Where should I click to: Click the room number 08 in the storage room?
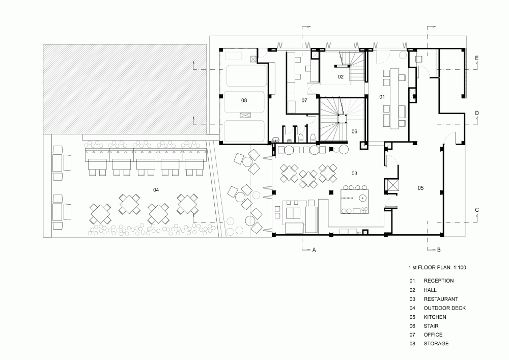244,100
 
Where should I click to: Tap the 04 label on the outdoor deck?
156,190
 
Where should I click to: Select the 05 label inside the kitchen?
421,188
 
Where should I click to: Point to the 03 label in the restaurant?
354,173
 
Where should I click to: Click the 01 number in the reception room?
382,97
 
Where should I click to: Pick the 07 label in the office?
304,100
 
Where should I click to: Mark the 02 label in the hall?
341,76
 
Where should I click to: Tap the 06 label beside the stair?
354,131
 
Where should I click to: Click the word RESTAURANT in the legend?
441,299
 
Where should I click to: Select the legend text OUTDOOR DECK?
445,308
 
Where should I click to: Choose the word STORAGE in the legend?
436,343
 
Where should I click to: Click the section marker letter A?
314,250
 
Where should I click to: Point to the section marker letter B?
439,250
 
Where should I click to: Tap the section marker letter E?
477,58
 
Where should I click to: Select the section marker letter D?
477,113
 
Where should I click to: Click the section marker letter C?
477,210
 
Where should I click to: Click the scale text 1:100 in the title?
460,267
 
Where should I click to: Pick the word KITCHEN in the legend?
435,317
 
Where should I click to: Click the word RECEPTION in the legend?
439,281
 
